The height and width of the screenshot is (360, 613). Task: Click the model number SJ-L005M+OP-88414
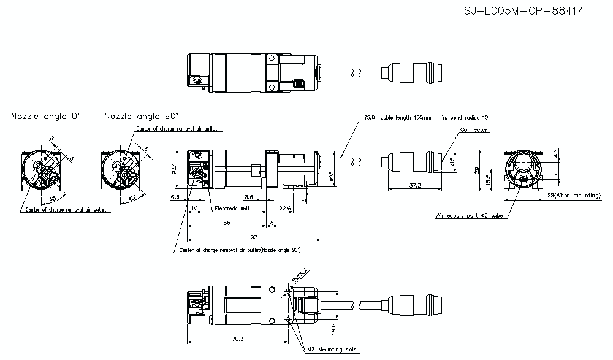524,11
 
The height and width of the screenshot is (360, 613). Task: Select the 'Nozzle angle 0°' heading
45,116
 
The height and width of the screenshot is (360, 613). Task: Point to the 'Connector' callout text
473,130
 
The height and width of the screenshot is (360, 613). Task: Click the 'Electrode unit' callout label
232,209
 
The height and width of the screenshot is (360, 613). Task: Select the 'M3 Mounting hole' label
333,350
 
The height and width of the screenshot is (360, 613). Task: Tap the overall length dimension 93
254,237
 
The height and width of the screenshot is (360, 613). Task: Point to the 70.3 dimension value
235,338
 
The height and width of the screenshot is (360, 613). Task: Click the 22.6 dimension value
284,209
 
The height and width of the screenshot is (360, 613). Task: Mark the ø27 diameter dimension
175,169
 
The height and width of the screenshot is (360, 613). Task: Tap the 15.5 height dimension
488,179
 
